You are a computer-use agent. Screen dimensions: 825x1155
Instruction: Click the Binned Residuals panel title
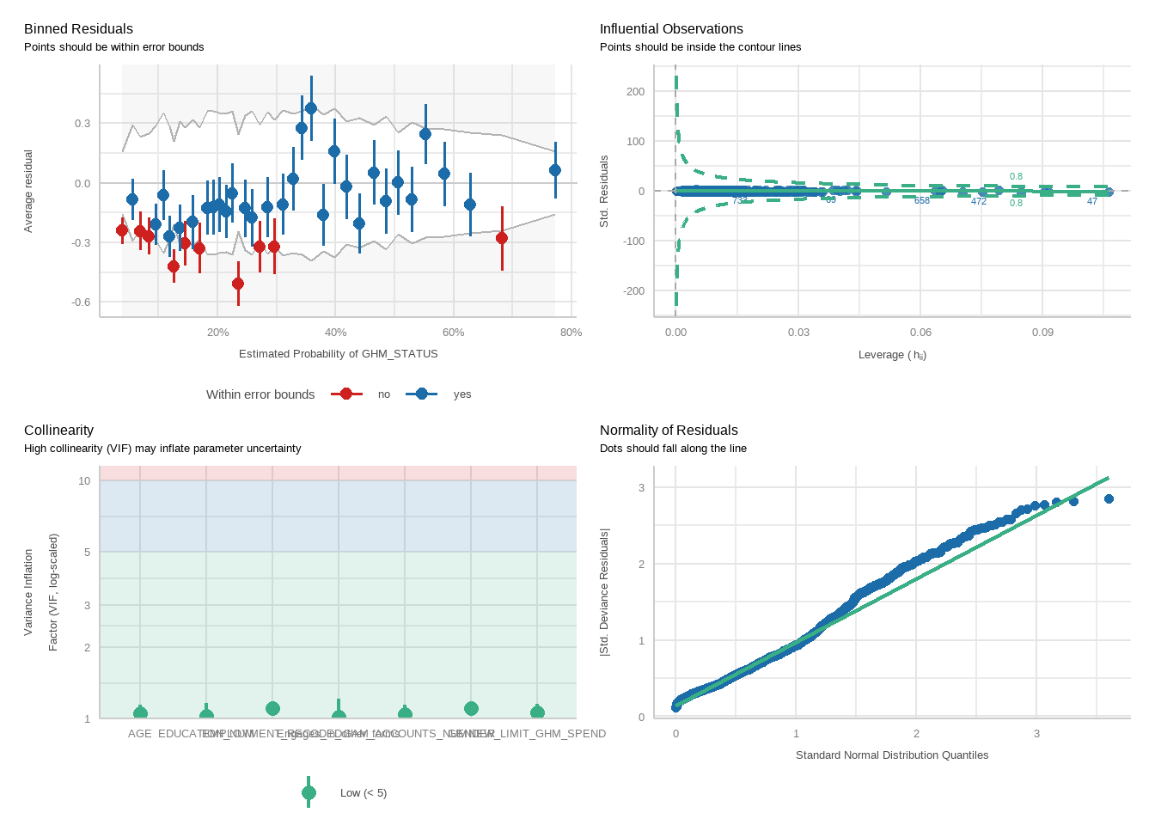coord(78,29)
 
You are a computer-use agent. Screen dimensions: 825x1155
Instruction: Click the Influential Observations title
coord(671,29)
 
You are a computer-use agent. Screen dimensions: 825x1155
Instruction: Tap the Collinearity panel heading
coord(58,431)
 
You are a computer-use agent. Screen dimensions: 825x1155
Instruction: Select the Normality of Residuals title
coord(669,431)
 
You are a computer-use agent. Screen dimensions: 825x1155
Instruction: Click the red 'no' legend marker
coord(346,394)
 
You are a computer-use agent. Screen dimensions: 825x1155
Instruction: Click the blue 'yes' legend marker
coord(421,394)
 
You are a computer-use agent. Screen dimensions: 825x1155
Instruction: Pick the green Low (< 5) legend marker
coord(309,793)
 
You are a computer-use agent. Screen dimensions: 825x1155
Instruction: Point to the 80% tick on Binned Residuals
coord(571,333)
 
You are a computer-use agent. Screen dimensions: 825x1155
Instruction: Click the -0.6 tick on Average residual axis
coord(82,302)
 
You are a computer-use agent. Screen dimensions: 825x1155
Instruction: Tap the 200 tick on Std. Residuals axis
coord(635,92)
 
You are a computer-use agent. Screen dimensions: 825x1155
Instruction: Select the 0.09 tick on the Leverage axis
coord(1042,333)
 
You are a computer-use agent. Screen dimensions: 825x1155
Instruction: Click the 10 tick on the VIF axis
coord(84,481)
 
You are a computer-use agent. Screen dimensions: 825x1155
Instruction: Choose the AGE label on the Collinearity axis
coord(139,734)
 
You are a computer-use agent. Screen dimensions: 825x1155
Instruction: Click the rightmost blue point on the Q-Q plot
coord(1109,499)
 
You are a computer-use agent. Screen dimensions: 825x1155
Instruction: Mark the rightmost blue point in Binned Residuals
coord(555,170)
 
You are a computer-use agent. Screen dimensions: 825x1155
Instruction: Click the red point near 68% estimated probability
coord(502,238)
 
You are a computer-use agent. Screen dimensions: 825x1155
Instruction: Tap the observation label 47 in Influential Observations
coord(1092,201)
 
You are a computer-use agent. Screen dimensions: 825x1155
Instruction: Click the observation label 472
coord(979,201)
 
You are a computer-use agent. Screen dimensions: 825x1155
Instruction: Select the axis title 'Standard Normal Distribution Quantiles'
coord(891,755)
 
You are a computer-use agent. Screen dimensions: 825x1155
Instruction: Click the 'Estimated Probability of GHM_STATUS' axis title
coord(338,354)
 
